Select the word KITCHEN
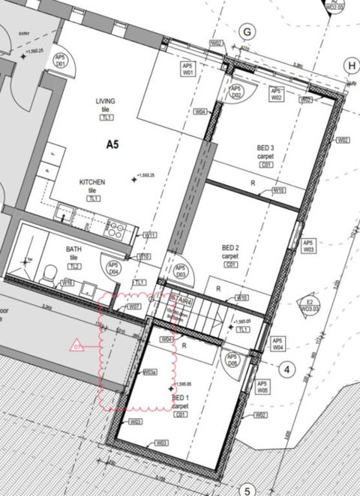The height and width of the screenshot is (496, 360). tap(93, 182)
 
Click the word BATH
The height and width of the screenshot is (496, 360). tap(73, 249)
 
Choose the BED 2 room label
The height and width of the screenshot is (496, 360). tap(230, 247)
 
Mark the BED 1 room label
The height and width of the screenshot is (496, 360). tap(180, 398)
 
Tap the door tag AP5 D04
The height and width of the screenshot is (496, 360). tap(113, 269)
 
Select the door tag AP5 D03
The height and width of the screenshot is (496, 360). tap(181, 270)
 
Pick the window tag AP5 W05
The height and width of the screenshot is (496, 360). tap(262, 387)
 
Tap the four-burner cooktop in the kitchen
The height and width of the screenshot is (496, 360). tap(116, 227)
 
